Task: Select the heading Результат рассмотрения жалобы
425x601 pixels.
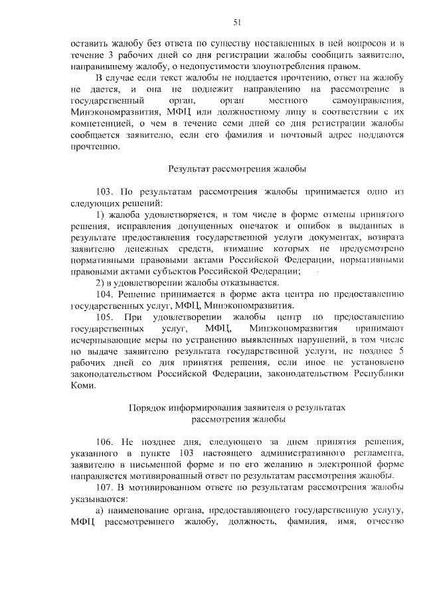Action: (237, 169)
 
